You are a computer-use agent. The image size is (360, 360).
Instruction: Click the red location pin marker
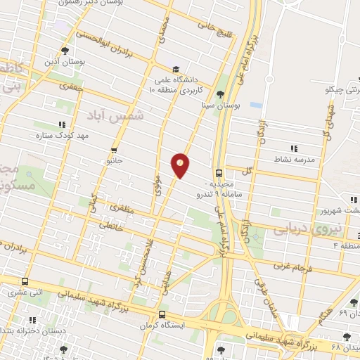181,165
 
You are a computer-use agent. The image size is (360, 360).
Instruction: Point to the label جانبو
115,160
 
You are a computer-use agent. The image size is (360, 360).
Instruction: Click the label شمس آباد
117,115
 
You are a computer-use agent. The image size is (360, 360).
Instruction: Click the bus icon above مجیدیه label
218,172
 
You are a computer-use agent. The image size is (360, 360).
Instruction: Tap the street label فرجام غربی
289,268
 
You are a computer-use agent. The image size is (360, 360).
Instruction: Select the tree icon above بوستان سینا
221,94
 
